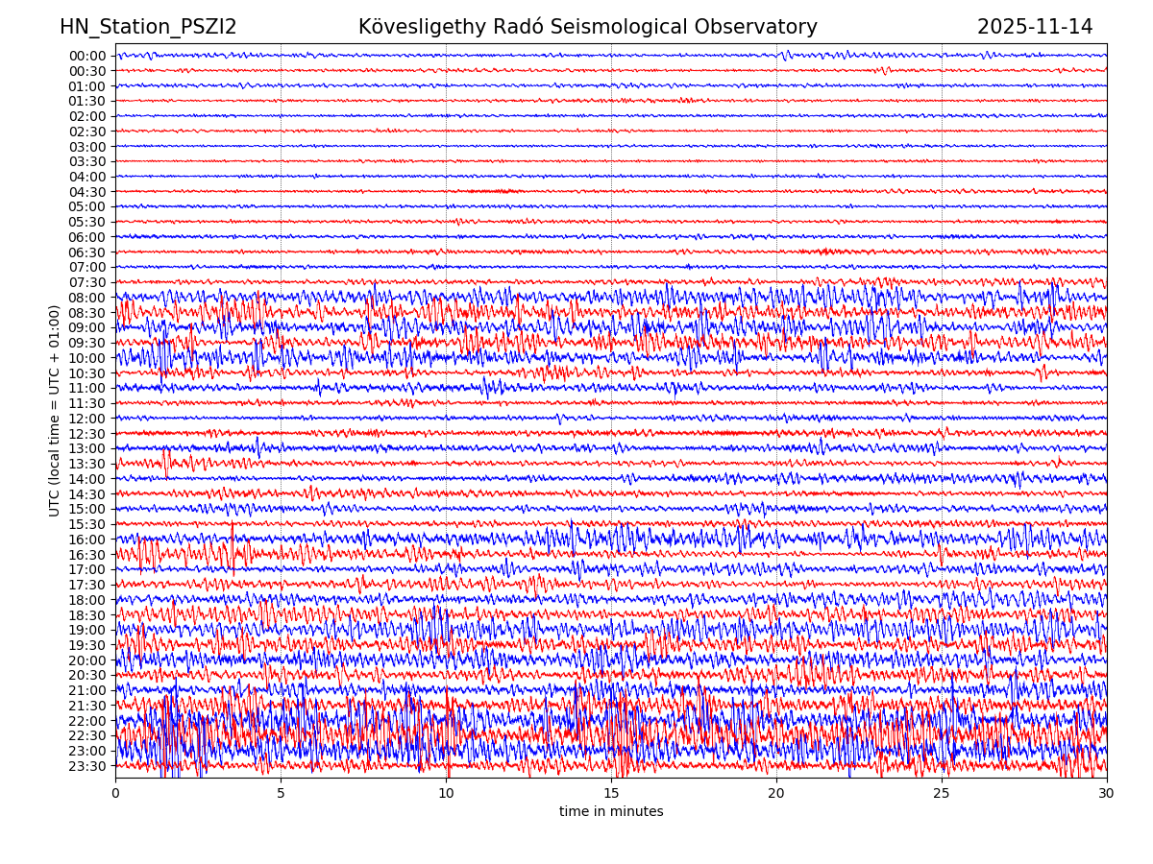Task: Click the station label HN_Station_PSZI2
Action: pyautogui.click(x=148, y=28)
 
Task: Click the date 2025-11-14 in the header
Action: pyautogui.click(x=1035, y=28)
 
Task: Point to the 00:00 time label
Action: pyautogui.click(x=87, y=56)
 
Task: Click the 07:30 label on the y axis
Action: pyautogui.click(x=87, y=282)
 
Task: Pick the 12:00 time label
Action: pyautogui.click(x=87, y=419)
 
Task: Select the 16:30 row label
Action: pyautogui.click(x=87, y=555)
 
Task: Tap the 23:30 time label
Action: pyautogui.click(x=87, y=766)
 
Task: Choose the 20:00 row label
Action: pyautogui.click(x=87, y=660)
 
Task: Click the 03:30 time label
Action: pyautogui.click(x=87, y=161)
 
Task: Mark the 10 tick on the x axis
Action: pyautogui.click(x=446, y=794)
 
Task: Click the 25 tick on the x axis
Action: pyautogui.click(x=942, y=794)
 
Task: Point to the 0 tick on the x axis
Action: pyautogui.click(x=115, y=794)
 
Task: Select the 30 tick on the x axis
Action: pyautogui.click(x=1107, y=794)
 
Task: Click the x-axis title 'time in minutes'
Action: pyautogui.click(x=611, y=812)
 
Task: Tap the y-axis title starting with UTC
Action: pyautogui.click(x=55, y=410)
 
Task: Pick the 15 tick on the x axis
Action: pyautogui.click(x=611, y=794)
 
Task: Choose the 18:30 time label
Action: pyautogui.click(x=87, y=615)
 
